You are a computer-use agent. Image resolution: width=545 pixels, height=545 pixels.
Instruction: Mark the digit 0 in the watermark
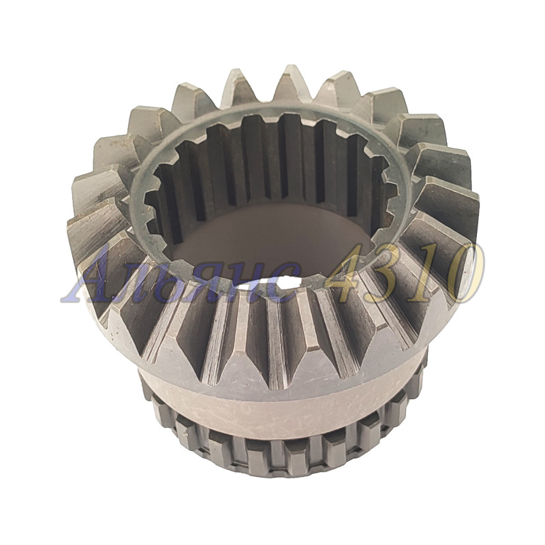pyautogui.click(x=462, y=274)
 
